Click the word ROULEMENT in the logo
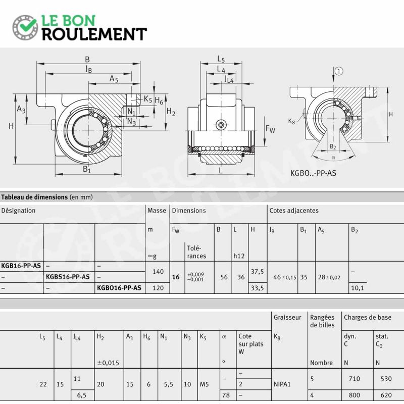(x=94, y=34)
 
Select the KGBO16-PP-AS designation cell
(x=119, y=288)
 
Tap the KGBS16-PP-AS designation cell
(x=68, y=277)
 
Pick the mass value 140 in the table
(x=158, y=271)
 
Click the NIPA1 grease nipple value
(x=282, y=384)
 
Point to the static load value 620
(x=386, y=395)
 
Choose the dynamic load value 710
(x=355, y=378)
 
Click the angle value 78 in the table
(x=226, y=395)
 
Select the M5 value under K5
(x=204, y=384)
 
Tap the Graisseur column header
(x=287, y=318)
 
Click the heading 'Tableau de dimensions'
(x=34, y=197)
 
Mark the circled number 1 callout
(x=339, y=71)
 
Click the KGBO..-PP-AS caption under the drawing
(x=313, y=173)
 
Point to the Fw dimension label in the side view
(x=270, y=129)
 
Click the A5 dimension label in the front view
(x=114, y=78)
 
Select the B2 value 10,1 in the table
(x=358, y=288)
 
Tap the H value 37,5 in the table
(x=257, y=271)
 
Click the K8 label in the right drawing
(x=291, y=121)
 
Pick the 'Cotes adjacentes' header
(x=294, y=211)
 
